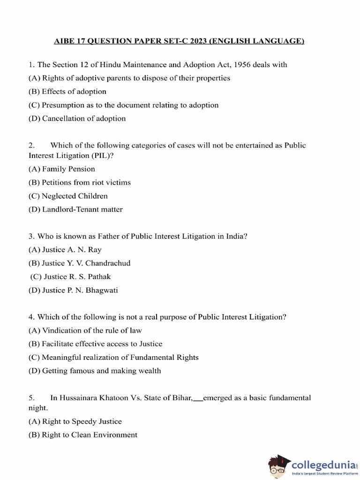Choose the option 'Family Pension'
(x=61, y=169)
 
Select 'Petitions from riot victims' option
(x=79, y=182)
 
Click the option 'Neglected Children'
(x=68, y=196)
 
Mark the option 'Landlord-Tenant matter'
(x=75, y=210)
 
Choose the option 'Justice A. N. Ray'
(x=65, y=250)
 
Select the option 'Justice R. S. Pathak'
(x=70, y=277)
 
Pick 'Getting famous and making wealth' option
(x=94, y=371)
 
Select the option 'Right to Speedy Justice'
(x=75, y=421)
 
